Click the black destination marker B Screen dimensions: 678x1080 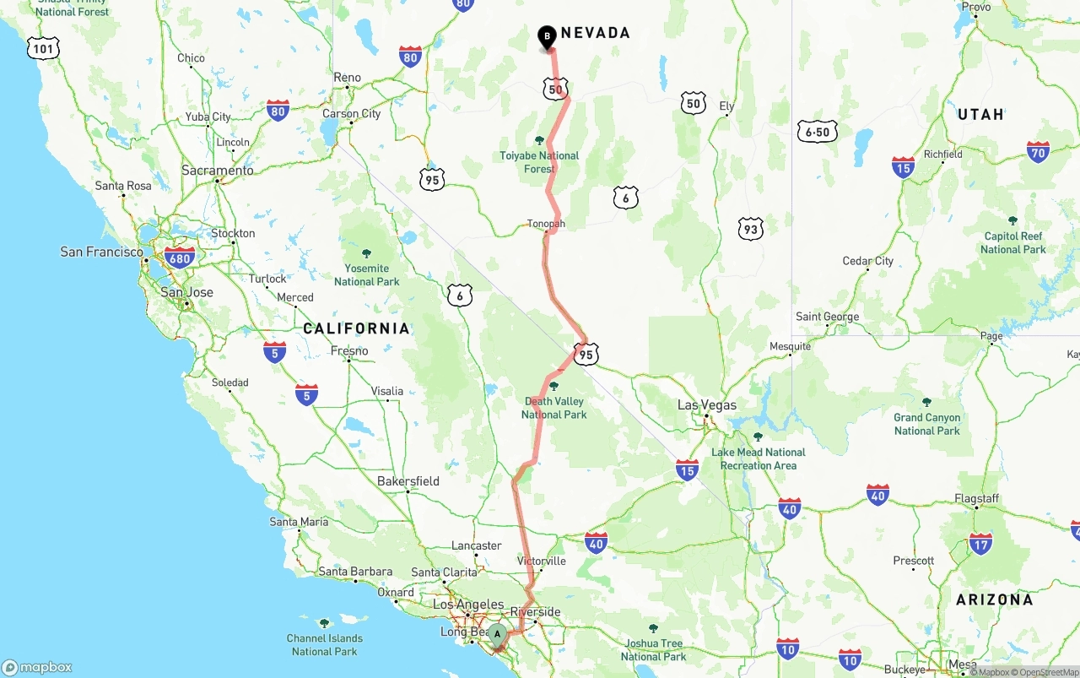[547, 36]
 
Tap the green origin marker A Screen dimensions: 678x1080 [497, 634]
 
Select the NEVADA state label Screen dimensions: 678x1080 [595, 33]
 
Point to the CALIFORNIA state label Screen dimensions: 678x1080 [356, 328]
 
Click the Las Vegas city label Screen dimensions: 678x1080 [707, 405]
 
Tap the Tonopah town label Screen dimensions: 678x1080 [546, 224]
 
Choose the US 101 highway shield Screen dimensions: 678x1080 [43, 48]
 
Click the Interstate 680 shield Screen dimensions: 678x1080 [180, 258]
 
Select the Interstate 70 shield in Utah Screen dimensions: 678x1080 [1038, 152]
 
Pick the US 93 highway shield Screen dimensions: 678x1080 [750, 228]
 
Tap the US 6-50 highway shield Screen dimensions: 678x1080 [817, 132]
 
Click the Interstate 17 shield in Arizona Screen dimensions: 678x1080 [980, 544]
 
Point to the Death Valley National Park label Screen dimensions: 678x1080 [553, 408]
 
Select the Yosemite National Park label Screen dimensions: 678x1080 [366, 274]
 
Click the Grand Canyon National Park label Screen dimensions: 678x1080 [926, 424]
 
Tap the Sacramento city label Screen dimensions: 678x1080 [218, 171]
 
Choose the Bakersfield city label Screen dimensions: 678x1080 [408, 481]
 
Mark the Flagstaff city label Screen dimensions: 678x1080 [976, 499]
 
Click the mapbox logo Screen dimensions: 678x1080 [37, 667]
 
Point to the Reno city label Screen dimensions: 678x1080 [347, 78]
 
